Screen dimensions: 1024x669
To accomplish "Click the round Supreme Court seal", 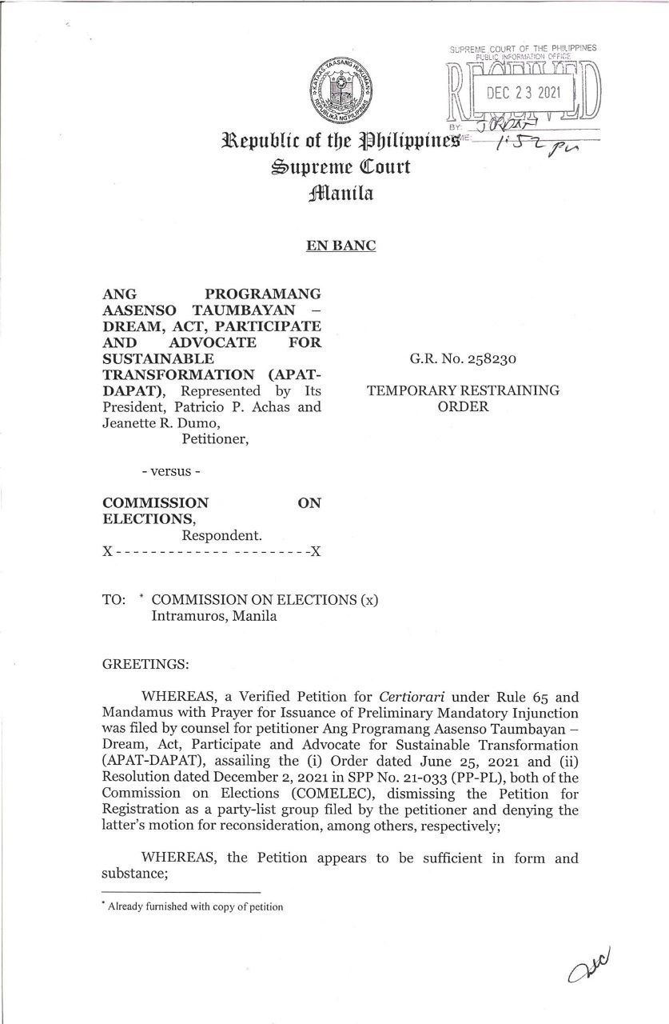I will [x=335, y=88].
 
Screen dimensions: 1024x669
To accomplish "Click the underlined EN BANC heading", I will [x=340, y=246].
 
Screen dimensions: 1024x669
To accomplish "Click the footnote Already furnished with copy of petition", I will [x=195, y=906].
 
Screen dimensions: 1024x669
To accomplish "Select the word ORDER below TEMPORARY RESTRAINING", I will [x=463, y=406].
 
